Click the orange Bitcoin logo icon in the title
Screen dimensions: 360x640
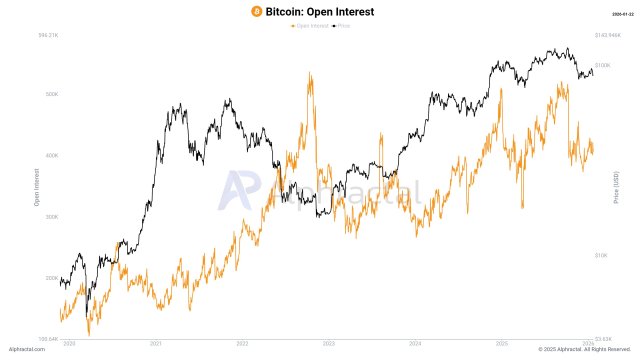tap(256, 10)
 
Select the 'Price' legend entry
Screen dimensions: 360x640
tap(342, 25)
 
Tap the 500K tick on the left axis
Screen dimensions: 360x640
tap(51, 94)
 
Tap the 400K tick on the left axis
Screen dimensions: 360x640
tap(51, 155)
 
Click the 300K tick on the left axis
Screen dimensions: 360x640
tap(51, 216)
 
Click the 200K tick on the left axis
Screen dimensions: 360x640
tap(51, 278)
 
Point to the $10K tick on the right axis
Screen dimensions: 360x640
tap(601, 255)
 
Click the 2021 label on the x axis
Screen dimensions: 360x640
tap(156, 343)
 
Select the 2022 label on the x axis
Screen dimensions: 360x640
tap(243, 343)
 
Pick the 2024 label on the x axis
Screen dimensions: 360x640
tap(416, 343)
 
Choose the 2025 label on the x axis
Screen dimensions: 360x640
tap(503, 343)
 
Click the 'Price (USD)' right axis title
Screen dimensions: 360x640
tap(617, 188)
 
